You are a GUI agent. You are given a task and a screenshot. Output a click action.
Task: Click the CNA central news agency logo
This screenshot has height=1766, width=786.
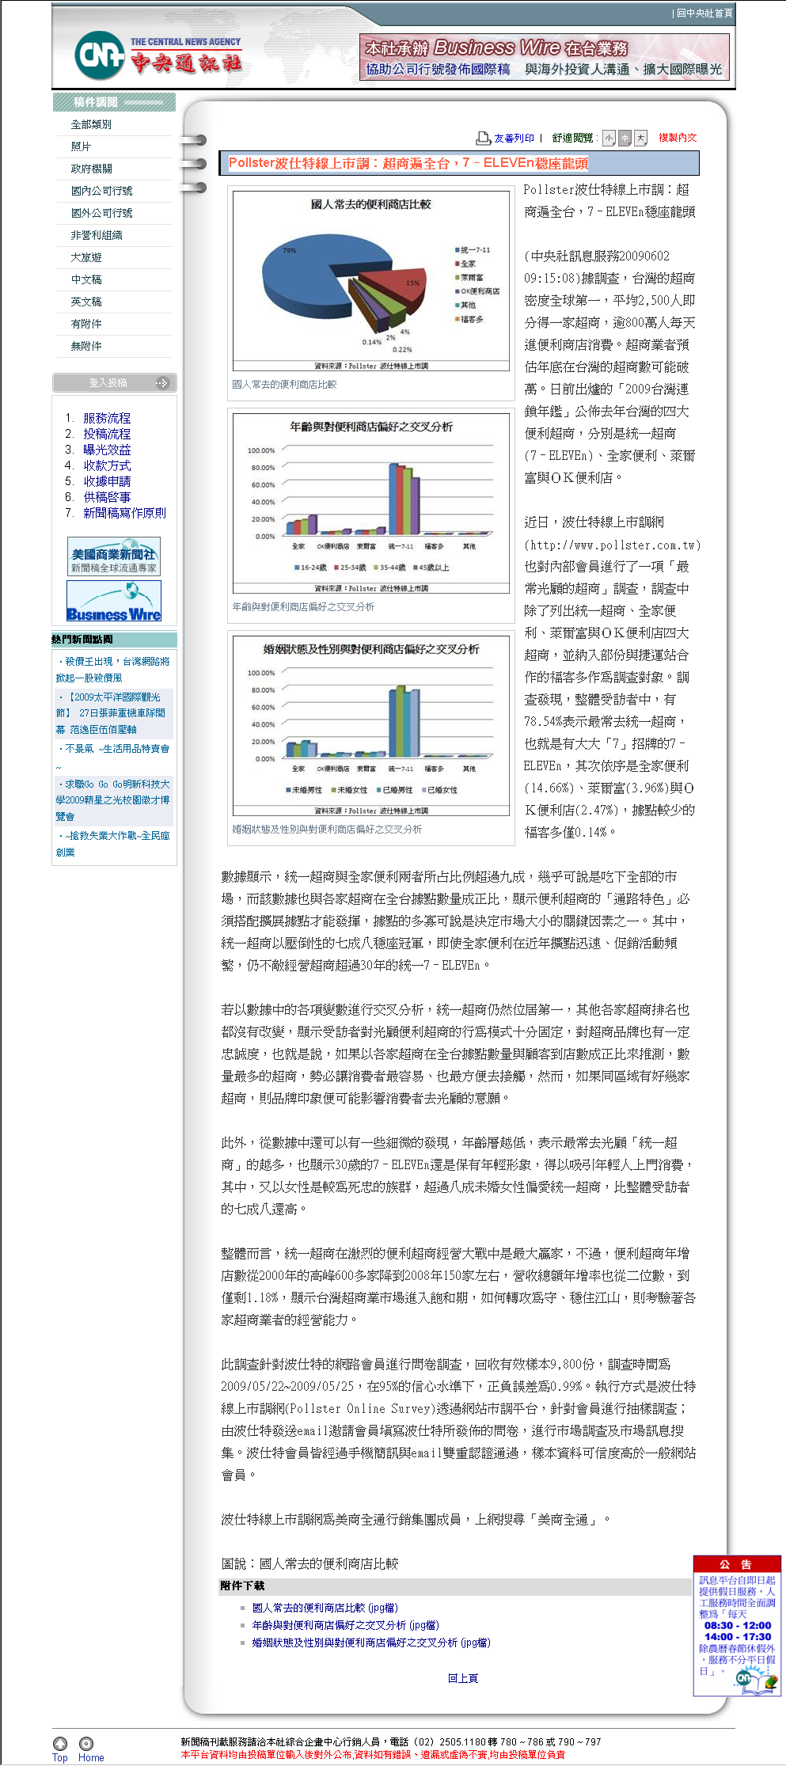click(158, 55)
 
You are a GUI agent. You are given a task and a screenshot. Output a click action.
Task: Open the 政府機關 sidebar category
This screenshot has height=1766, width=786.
click(92, 169)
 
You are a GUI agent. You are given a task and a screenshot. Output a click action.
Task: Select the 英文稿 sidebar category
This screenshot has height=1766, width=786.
click(86, 302)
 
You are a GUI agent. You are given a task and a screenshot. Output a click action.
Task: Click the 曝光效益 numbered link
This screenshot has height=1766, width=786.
click(107, 450)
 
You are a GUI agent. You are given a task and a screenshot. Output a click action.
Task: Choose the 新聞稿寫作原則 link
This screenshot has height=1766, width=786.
click(124, 513)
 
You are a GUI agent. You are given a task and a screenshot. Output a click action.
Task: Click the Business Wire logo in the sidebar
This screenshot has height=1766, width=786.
click(114, 602)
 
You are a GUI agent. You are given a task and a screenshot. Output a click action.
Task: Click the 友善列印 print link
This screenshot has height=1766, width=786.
click(513, 139)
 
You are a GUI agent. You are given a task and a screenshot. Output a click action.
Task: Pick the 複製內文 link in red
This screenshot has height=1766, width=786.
click(678, 138)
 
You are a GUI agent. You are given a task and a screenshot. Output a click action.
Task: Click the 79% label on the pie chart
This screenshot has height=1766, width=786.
click(290, 251)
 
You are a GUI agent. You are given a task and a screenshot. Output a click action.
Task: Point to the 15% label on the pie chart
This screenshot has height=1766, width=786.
click(412, 283)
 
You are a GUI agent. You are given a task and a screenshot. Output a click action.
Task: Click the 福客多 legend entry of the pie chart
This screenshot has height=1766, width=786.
click(471, 320)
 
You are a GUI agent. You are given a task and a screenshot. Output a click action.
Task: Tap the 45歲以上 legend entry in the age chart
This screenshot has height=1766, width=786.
click(433, 568)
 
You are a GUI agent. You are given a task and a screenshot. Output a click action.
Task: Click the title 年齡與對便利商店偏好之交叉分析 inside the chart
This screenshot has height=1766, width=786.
click(370, 427)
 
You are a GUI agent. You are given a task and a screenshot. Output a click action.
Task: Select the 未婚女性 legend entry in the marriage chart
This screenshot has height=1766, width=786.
click(351, 790)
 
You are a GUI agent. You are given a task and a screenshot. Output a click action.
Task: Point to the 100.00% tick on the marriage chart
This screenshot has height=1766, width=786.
click(261, 673)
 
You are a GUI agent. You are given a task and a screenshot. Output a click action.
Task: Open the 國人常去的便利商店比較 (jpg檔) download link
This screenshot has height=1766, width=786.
click(325, 1608)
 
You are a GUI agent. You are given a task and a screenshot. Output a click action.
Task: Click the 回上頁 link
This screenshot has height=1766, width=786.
click(463, 1678)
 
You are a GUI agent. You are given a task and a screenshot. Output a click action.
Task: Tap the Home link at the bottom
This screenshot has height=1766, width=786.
click(91, 1757)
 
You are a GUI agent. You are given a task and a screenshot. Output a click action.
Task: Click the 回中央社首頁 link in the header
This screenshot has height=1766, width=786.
click(704, 13)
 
